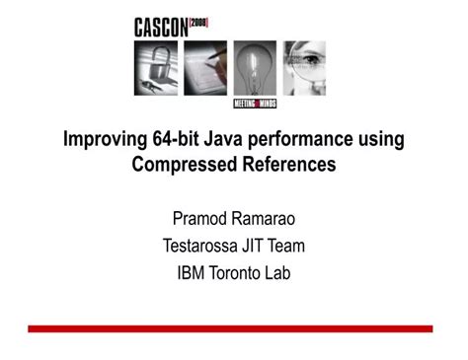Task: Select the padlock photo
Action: (155, 67)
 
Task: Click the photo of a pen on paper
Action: (204, 67)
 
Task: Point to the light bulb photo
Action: (254, 63)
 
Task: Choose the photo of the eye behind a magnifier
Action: (304, 67)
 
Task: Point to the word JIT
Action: (262, 245)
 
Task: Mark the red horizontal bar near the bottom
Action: (230, 327)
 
